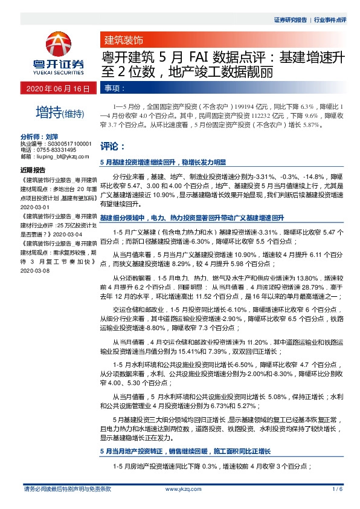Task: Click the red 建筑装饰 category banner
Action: tap(124, 42)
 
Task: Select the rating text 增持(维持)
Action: tap(59, 112)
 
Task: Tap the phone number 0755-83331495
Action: tap(55, 150)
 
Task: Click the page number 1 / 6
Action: tap(337, 489)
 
